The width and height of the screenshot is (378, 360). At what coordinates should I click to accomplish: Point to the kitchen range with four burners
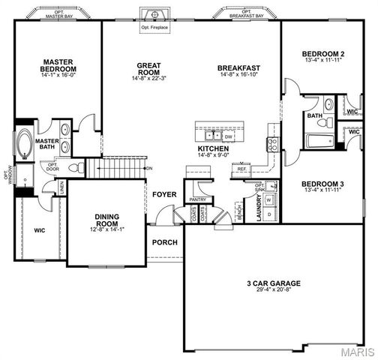pyautogui.click(x=272, y=142)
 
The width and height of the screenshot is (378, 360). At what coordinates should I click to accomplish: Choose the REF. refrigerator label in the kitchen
pyautogui.click(x=241, y=169)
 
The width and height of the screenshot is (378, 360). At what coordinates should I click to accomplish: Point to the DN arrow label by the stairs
pyautogui.click(x=149, y=167)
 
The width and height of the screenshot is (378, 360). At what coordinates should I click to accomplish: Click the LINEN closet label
pyautogui.click(x=61, y=184)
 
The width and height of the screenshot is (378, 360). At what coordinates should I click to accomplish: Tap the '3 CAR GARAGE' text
pyautogui.click(x=273, y=283)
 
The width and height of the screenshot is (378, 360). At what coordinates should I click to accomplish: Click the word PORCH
pyautogui.click(x=164, y=242)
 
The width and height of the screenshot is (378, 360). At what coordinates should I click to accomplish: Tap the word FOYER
pyautogui.click(x=164, y=195)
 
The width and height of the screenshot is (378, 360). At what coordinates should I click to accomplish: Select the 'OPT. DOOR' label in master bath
pyautogui.click(x=52, y=166)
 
